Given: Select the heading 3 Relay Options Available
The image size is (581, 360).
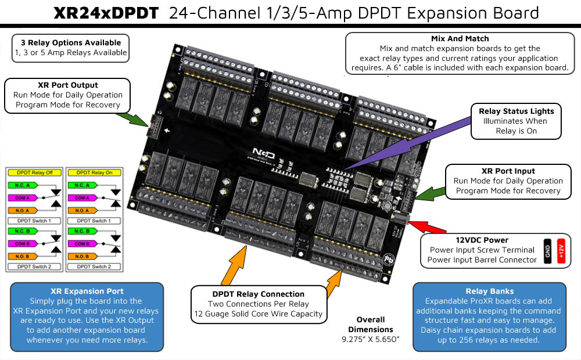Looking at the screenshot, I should tap(71, 42).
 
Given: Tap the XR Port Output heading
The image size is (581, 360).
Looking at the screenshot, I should tap(67, 85).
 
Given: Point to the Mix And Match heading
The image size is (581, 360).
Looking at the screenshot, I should tap(460, 39).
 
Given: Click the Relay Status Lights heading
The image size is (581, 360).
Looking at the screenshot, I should tap(516, 111).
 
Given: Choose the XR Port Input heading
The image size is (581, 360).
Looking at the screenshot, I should tap(508, 171).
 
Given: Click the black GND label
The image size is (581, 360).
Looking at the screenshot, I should tap(547, 251).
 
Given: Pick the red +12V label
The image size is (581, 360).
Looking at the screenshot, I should tap(561, 251).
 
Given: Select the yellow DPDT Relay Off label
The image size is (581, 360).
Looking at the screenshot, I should tap(34, 172).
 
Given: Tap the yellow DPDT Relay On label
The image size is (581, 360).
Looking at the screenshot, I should tap(94, 172).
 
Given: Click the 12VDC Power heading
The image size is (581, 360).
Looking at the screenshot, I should tap(482, 240).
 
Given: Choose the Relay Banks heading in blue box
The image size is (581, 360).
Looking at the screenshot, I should tap(489, 291).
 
